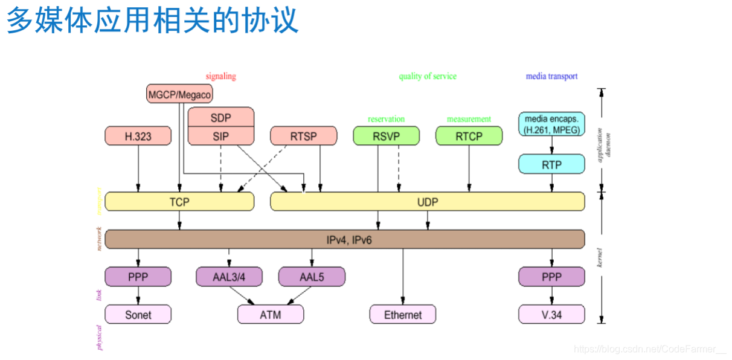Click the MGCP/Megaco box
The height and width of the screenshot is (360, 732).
180,94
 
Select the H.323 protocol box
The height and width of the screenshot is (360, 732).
138,136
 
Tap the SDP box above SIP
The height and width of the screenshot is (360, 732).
220,117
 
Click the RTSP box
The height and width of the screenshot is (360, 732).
303,136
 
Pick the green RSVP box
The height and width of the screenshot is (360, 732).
386,136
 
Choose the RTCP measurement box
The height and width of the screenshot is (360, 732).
469,136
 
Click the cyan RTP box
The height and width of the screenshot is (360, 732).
551,164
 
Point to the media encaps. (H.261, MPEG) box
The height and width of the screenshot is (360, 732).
551,124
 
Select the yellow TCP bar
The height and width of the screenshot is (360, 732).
179,202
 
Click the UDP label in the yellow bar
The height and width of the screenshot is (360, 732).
428,202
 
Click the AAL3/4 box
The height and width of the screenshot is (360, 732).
229,277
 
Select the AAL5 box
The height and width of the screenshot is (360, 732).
312,277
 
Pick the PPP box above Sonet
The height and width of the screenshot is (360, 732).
138,277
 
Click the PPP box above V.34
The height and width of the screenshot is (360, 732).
551,277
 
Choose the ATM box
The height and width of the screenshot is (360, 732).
270,315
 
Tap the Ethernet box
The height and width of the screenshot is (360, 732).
403,315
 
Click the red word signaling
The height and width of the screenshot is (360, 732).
220,77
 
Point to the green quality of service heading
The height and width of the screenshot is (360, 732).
428,77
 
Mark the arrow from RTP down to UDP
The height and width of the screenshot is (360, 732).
551,183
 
